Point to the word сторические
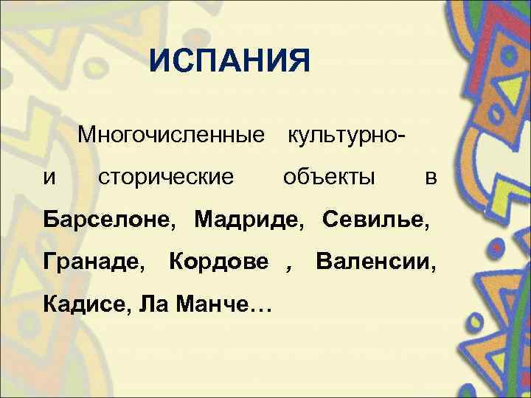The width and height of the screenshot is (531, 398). [167, 177]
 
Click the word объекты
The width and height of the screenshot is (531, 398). [329, 177]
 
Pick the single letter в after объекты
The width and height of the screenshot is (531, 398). [431, 177]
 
